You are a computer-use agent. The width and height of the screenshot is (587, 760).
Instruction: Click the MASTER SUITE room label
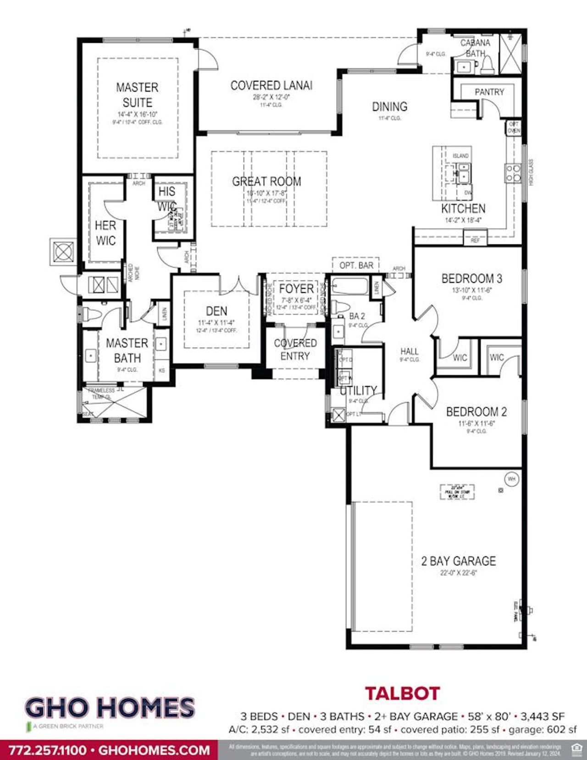[137, 95]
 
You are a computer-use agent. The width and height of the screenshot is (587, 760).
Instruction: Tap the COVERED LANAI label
[271, 86]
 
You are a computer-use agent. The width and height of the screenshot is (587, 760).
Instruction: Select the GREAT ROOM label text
[266, 182]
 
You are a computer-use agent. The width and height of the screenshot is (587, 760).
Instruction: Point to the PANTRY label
[489, 92]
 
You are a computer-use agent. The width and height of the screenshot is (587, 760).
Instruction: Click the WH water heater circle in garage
[511, 479]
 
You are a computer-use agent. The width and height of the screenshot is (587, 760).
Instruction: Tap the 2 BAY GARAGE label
[458, 561]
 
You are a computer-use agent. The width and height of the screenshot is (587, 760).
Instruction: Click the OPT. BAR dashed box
[356, 265]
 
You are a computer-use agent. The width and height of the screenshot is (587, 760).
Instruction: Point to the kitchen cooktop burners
[513, 173]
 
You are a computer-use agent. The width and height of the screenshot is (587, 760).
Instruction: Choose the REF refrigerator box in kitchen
[475, 240]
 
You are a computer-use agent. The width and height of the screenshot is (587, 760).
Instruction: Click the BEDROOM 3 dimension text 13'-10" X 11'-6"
[471, 290]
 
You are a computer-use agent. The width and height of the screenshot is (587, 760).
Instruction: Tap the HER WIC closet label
[105, 233]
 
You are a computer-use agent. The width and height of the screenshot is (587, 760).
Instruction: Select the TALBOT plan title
[402, 693]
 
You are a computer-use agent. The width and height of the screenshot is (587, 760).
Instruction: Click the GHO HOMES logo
[110, 708]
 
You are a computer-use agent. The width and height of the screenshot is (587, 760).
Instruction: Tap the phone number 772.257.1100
[48, 750]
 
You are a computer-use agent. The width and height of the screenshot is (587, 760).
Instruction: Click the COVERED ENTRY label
[295, 349]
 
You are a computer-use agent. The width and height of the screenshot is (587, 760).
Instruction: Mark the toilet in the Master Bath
[91, 315]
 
